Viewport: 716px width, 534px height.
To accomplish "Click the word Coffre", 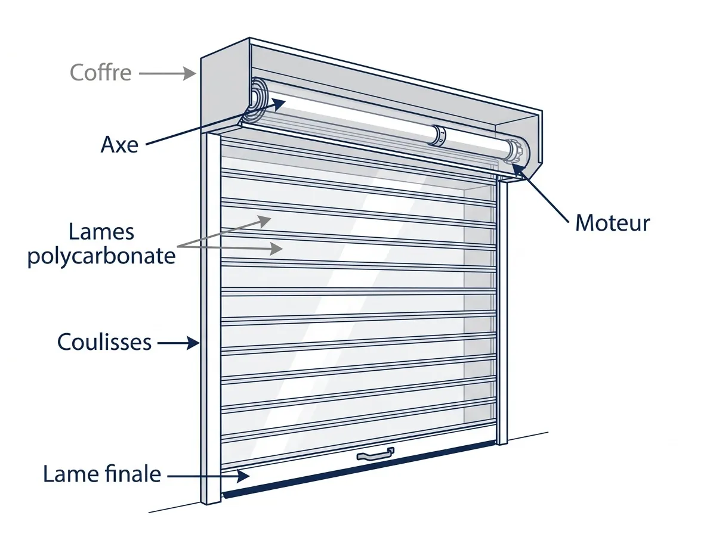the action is (x=100, y=72).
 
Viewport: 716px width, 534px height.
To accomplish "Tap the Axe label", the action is (x=119, y=144).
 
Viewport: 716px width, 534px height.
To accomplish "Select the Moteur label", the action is (x=612, y=223).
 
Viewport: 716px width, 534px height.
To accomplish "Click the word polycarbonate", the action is (x=101, y=256).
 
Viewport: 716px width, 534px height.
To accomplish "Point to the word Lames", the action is (x=101, y=232).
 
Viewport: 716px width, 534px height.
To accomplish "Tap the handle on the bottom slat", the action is (x=375, y=454).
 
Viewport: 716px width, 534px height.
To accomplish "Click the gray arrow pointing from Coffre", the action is (x=167, y=73).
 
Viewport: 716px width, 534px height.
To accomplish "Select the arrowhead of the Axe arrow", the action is (x=277, y=104).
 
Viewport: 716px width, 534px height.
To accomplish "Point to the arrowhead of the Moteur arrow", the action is (x=518, y=169).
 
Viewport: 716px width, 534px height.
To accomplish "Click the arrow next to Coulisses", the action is (x=178, y=343).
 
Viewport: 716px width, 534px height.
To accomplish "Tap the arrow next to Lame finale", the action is (x=209, y=476).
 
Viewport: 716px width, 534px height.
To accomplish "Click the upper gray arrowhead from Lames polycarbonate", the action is (x=264, y=221).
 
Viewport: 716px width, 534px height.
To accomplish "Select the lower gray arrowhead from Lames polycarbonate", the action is (x=276, y=249).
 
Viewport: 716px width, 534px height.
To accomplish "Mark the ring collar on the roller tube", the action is (x=438, y=135).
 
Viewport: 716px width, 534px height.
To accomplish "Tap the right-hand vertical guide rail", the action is (x=502, y=309).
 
